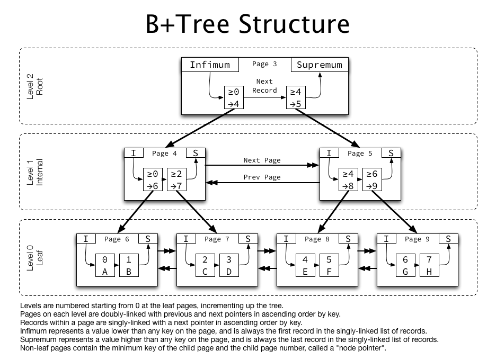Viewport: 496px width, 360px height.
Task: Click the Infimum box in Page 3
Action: [x=210, y=65]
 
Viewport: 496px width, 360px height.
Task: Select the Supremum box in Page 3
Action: [x=319, y=65]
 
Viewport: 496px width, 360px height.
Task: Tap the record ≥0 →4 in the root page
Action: [x=233, y=97]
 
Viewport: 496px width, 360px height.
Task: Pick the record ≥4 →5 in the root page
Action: [x=295, y=97]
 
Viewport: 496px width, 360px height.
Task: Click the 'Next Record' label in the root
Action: [x=264, y=86]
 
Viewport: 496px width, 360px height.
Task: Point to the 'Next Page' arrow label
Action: [x=262, y=160]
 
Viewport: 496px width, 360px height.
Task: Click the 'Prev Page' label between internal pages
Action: [x=262, y=177]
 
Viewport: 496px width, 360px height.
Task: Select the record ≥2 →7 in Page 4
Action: [x=176, y=179]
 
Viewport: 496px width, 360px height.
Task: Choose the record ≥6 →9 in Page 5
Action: [x=372, y=179]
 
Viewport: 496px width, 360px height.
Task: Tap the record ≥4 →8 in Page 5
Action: [x=348, y=179]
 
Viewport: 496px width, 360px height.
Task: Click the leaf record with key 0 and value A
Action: [x=105, y=265]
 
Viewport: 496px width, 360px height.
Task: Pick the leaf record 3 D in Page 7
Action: [x=229, y=265]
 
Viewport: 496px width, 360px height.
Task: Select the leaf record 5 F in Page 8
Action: [x=329, y=265]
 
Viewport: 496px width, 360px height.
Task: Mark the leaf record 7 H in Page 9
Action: [x=429, y=265]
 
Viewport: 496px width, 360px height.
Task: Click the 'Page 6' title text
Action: [x=116, y=239]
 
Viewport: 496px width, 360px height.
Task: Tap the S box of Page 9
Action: [x=448, y=239]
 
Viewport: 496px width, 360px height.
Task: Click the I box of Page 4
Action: [x=134, y=153]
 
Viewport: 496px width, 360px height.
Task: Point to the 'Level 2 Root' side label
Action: [x=34, y=86]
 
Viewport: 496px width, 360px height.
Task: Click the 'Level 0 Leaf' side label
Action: [x=34, y=258]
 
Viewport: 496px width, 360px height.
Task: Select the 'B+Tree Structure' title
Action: [x=247, y=24]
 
